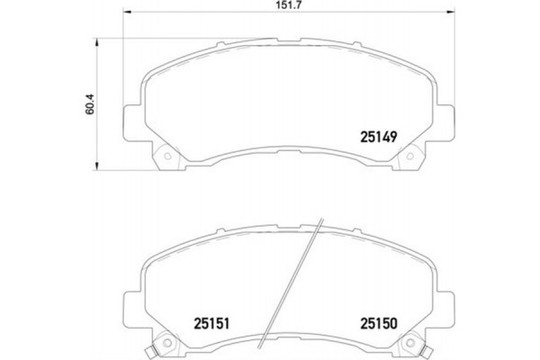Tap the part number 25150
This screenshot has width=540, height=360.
pos(379,320)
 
